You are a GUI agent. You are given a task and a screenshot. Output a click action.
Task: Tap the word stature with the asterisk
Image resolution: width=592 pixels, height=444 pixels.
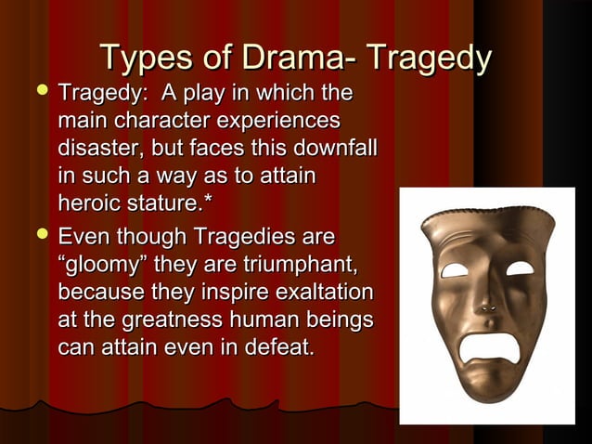click(176, 202)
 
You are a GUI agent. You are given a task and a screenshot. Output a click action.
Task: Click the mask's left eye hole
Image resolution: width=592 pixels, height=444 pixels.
click(456, 270)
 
